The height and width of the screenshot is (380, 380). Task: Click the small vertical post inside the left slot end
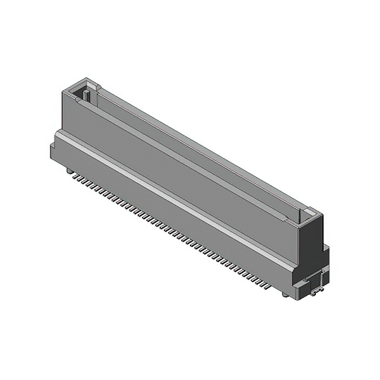click(87, 95)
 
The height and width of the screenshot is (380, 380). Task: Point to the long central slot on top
click(196, 148)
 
